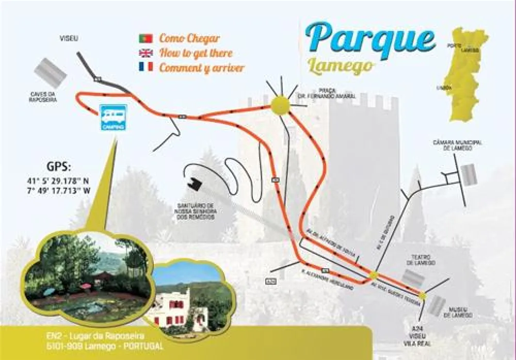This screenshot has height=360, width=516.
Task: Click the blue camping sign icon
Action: pos(113,118)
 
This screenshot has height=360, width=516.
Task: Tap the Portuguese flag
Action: pos(146,39)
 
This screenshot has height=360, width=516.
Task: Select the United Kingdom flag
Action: pos(146,53)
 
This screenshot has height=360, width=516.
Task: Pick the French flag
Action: pos(146,67)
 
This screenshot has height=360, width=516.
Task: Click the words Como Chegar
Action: pos(189,38)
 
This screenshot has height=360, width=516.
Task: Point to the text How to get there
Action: pos(196,53)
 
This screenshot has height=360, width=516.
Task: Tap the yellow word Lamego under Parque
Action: pos(340,66)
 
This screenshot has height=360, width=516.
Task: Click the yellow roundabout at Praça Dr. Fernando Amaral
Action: pos(280,105)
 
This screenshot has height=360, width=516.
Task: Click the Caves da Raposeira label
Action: pos(43,96)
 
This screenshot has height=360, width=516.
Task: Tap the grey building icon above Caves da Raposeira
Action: pos(51,73)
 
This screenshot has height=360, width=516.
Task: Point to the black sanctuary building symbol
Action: pos(196,184)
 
